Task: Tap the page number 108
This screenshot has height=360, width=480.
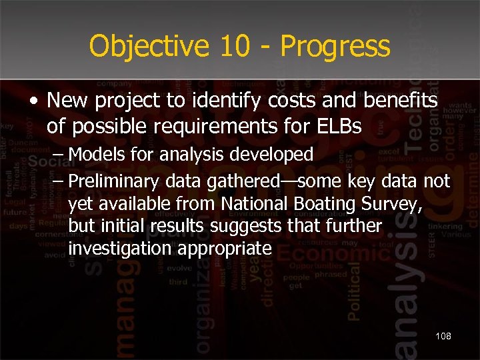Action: tap(443, 336)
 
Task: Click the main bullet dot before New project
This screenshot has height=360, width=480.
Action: tap(33, 102)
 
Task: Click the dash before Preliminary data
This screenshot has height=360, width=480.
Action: tap(59, 181)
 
